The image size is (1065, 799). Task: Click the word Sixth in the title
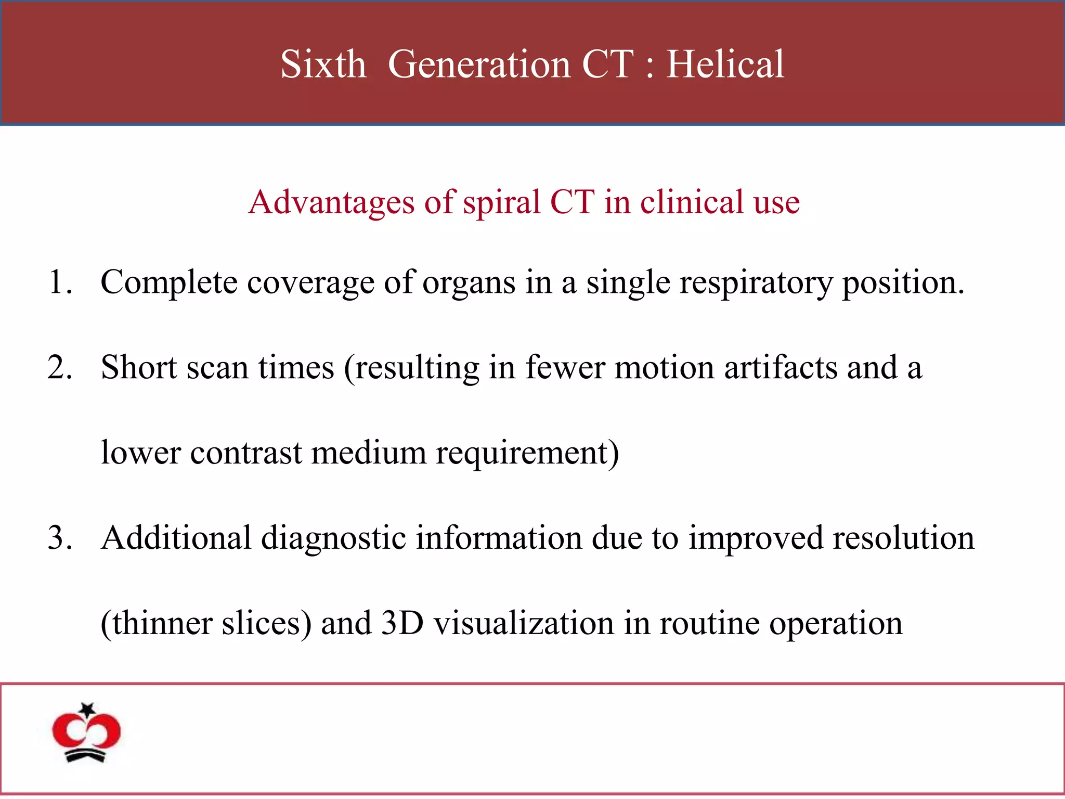coord(323,65)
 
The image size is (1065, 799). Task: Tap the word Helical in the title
coord(725,65)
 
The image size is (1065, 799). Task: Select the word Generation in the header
coord(479,65)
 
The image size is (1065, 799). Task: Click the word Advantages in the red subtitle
coord(331,202)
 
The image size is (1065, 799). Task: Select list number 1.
coord(59,282)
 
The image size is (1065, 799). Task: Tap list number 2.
coord(59,368)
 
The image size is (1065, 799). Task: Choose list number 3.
coord(59,538)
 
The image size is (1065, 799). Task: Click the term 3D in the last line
coord(402,623)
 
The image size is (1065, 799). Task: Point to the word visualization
coord(524,623)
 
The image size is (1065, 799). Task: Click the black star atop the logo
coord(87,709)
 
